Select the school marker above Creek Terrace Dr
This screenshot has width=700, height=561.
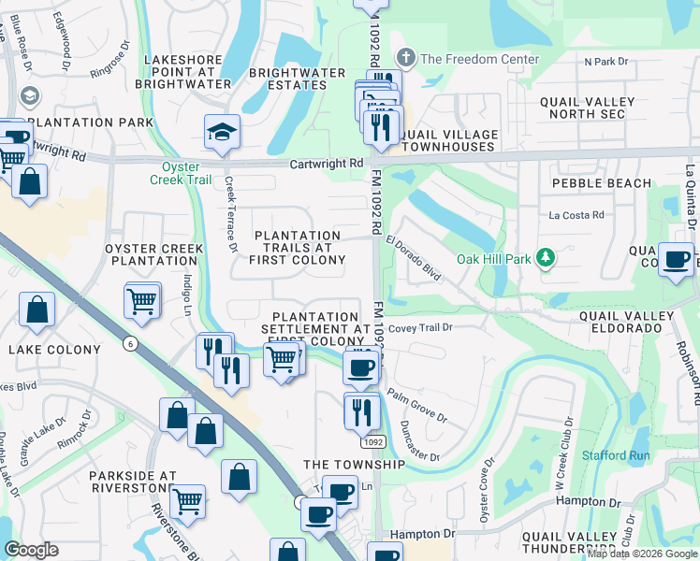(223, 134)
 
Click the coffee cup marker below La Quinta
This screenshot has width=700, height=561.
(676, 260)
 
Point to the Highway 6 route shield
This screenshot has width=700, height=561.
(128, 344)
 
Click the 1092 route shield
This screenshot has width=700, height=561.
(372, 441)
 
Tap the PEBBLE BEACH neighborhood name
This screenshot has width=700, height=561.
(601, 183)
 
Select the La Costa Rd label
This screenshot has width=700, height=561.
(576, 215)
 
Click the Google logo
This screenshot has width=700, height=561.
(32, 550)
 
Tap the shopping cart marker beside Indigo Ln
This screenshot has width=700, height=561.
(142, 300)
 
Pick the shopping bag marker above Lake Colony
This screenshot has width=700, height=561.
(36, 311)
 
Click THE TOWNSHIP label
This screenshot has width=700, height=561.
(354, 465)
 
